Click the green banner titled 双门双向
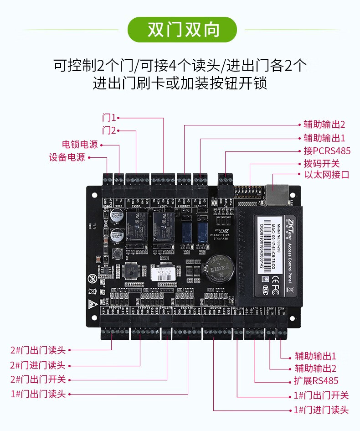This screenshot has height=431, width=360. click(x=183, y=30)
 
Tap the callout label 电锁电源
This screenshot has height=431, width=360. click(x=80, y=145)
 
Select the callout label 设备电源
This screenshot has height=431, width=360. click(x=67, y=158)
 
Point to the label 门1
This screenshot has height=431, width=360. click(x=109, y=118)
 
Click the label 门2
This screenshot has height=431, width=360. click(x=109, y=130)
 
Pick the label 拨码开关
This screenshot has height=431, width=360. click(x=322, y=163)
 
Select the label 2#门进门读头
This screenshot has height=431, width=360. click(x=38, y=365)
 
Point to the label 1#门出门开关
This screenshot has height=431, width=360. click(x=321, y=395)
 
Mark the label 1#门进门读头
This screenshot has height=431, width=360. click(x=321, y=410)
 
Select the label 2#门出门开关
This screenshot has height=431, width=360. click(x=38, y=379)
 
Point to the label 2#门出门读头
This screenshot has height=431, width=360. click(x=38, y=350)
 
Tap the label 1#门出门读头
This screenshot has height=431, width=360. click(x=38, y=394)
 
